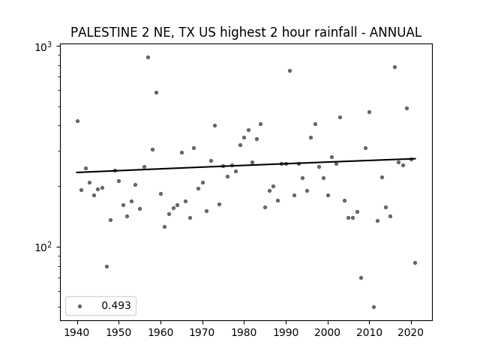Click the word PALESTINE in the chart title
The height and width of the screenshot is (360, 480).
[x=104, y=32]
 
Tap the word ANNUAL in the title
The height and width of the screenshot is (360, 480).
[x=395, y=32]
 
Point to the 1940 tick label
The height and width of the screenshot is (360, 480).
[x=77, y=332]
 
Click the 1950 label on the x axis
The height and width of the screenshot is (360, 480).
[x=119, y=332]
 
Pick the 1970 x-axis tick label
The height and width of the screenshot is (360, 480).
[x=202, y=332]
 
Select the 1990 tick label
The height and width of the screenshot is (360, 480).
[x=286, y=332]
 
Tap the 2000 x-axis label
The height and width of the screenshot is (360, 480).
[x=328, y=332]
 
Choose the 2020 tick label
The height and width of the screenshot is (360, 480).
[x=411, y=332]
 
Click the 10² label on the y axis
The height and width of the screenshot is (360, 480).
[x=43, y=246]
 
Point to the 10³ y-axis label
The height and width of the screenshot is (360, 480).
[x=43, y=46]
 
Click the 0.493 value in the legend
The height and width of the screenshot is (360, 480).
[x=116, y=305]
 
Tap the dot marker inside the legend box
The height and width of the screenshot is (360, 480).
[x=80, y=306]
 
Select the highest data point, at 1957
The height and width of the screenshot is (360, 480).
[x=148, y=57]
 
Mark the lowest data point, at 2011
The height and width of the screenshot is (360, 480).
[x=373, y=307]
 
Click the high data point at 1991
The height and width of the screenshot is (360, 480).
[x=290, y=70]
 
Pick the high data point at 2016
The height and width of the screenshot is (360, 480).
[x=395, y=67]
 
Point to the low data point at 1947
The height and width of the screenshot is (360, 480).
[x=106, y=267]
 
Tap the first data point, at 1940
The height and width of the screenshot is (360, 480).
[x=77, y=121]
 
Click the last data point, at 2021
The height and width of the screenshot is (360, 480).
[x=415, y=263]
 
